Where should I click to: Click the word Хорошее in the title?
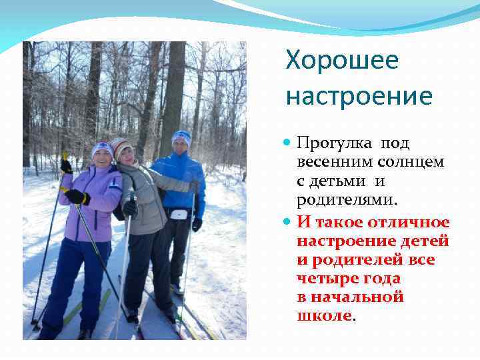coord(342,61)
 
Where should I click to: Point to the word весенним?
coord(330,162)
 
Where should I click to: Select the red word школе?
coord(323,315)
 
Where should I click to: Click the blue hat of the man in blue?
coord(181,136)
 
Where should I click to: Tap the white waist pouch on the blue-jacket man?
coord(179,214)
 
